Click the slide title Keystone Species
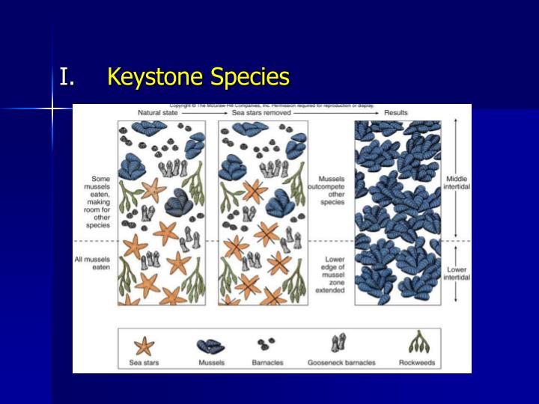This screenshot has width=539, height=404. point(198,77)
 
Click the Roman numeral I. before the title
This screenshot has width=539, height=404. point(67,77)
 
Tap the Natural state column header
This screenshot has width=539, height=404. point(157,113)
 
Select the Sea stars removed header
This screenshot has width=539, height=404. point(258,113)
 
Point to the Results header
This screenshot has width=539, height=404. point(395,113)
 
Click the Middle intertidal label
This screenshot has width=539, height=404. point(457,184)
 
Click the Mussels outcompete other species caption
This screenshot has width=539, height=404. point(332,191)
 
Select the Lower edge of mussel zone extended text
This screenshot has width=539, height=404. point(330,275)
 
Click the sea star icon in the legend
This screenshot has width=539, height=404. point(143,346)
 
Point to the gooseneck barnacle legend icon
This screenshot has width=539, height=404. point(338,344)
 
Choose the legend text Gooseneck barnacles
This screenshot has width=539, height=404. point(341,363)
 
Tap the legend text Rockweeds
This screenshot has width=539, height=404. point(417,363)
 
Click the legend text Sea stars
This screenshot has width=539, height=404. point(143,363)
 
